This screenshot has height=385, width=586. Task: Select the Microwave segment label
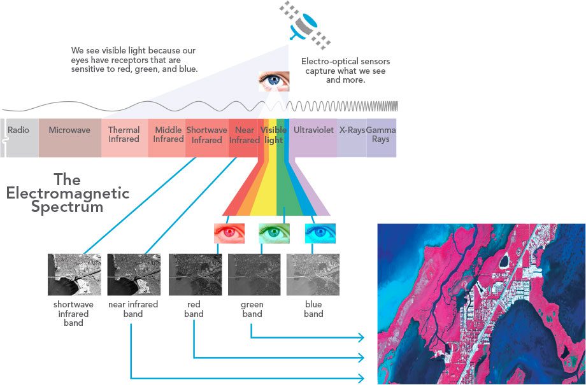pos(69,130)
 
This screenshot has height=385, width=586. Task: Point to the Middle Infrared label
pos(168,134)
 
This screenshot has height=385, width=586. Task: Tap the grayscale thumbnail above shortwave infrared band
pos(74,274)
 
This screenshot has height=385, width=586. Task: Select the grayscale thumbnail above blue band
pos(313,274)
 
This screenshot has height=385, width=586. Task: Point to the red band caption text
pos(194,309)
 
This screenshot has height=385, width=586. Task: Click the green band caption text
pos(252,309)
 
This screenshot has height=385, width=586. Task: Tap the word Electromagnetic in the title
pos(68,193)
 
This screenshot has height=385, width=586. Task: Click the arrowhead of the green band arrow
pos(361,337)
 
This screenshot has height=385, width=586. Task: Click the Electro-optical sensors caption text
pos(346,71)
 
